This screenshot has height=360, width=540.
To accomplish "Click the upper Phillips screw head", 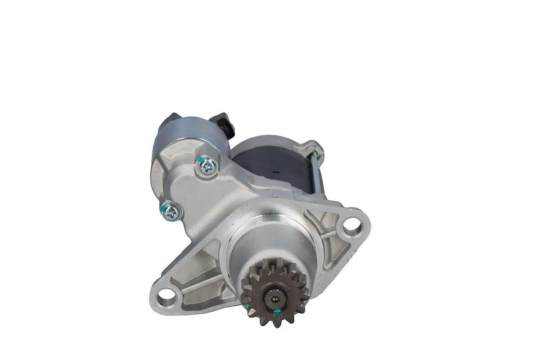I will click(207, 168).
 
